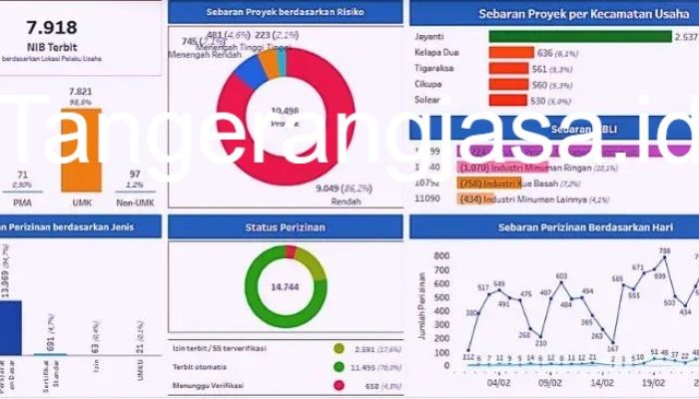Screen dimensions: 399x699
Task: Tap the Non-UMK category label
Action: (134, 202)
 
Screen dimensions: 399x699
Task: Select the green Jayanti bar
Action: (579, 36)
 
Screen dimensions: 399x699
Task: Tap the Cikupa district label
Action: (431, 85)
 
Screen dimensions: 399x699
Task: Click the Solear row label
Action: (430, 101)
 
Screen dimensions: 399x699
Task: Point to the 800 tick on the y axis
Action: (441, 256)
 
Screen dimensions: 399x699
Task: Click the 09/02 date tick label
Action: (552, 380)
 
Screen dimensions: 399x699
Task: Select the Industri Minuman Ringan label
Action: (539, 168)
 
